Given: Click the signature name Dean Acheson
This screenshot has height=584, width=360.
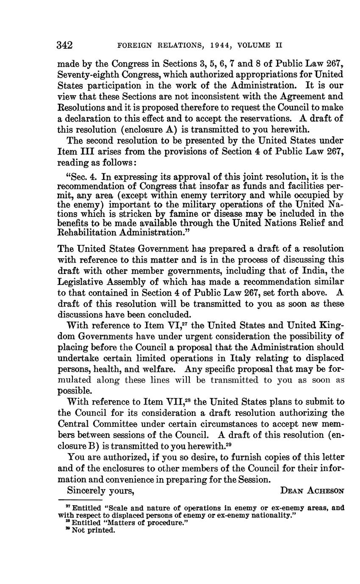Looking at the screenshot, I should click(312, 490).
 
